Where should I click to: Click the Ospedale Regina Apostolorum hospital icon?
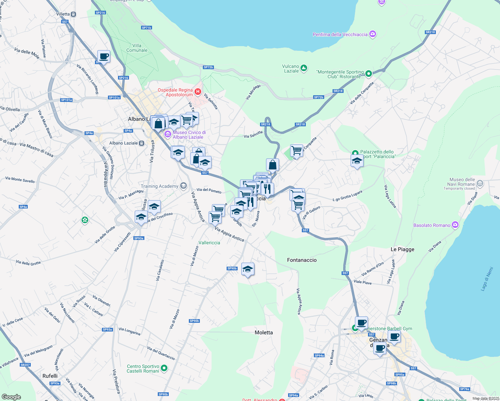click(x=198, y=92)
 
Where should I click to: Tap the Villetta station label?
click(x=63, y=14)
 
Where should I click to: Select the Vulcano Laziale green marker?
click(x=303, y=68)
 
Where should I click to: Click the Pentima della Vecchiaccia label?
click(x=340, y=34)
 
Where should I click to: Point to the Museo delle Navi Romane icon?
click(x=480, y=183)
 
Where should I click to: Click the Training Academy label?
click(x=159, y=186)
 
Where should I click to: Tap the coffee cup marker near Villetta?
click(x=104, y=56)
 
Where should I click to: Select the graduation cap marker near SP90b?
click(x=248, y=269)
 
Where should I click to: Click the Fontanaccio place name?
click(x=302, y=260)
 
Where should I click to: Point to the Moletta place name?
click(x=264, y=332)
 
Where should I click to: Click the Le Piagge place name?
click(x=402, y=249)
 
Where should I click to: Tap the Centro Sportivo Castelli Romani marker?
click(x=164, y=368)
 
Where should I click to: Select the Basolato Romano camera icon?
click(x=455, y=225)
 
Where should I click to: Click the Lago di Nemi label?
click(x=487, y=279)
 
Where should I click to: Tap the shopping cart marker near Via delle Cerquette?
click(x=296, y=151)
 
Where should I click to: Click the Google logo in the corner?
click(x=11, y=397)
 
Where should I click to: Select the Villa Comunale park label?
click(x=137, y=48)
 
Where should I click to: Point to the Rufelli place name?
click(x=50, y=376)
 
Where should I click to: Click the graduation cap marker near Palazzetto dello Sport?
click(x=357, y=161)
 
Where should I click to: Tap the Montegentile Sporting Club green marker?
click(x=368, y=74)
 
